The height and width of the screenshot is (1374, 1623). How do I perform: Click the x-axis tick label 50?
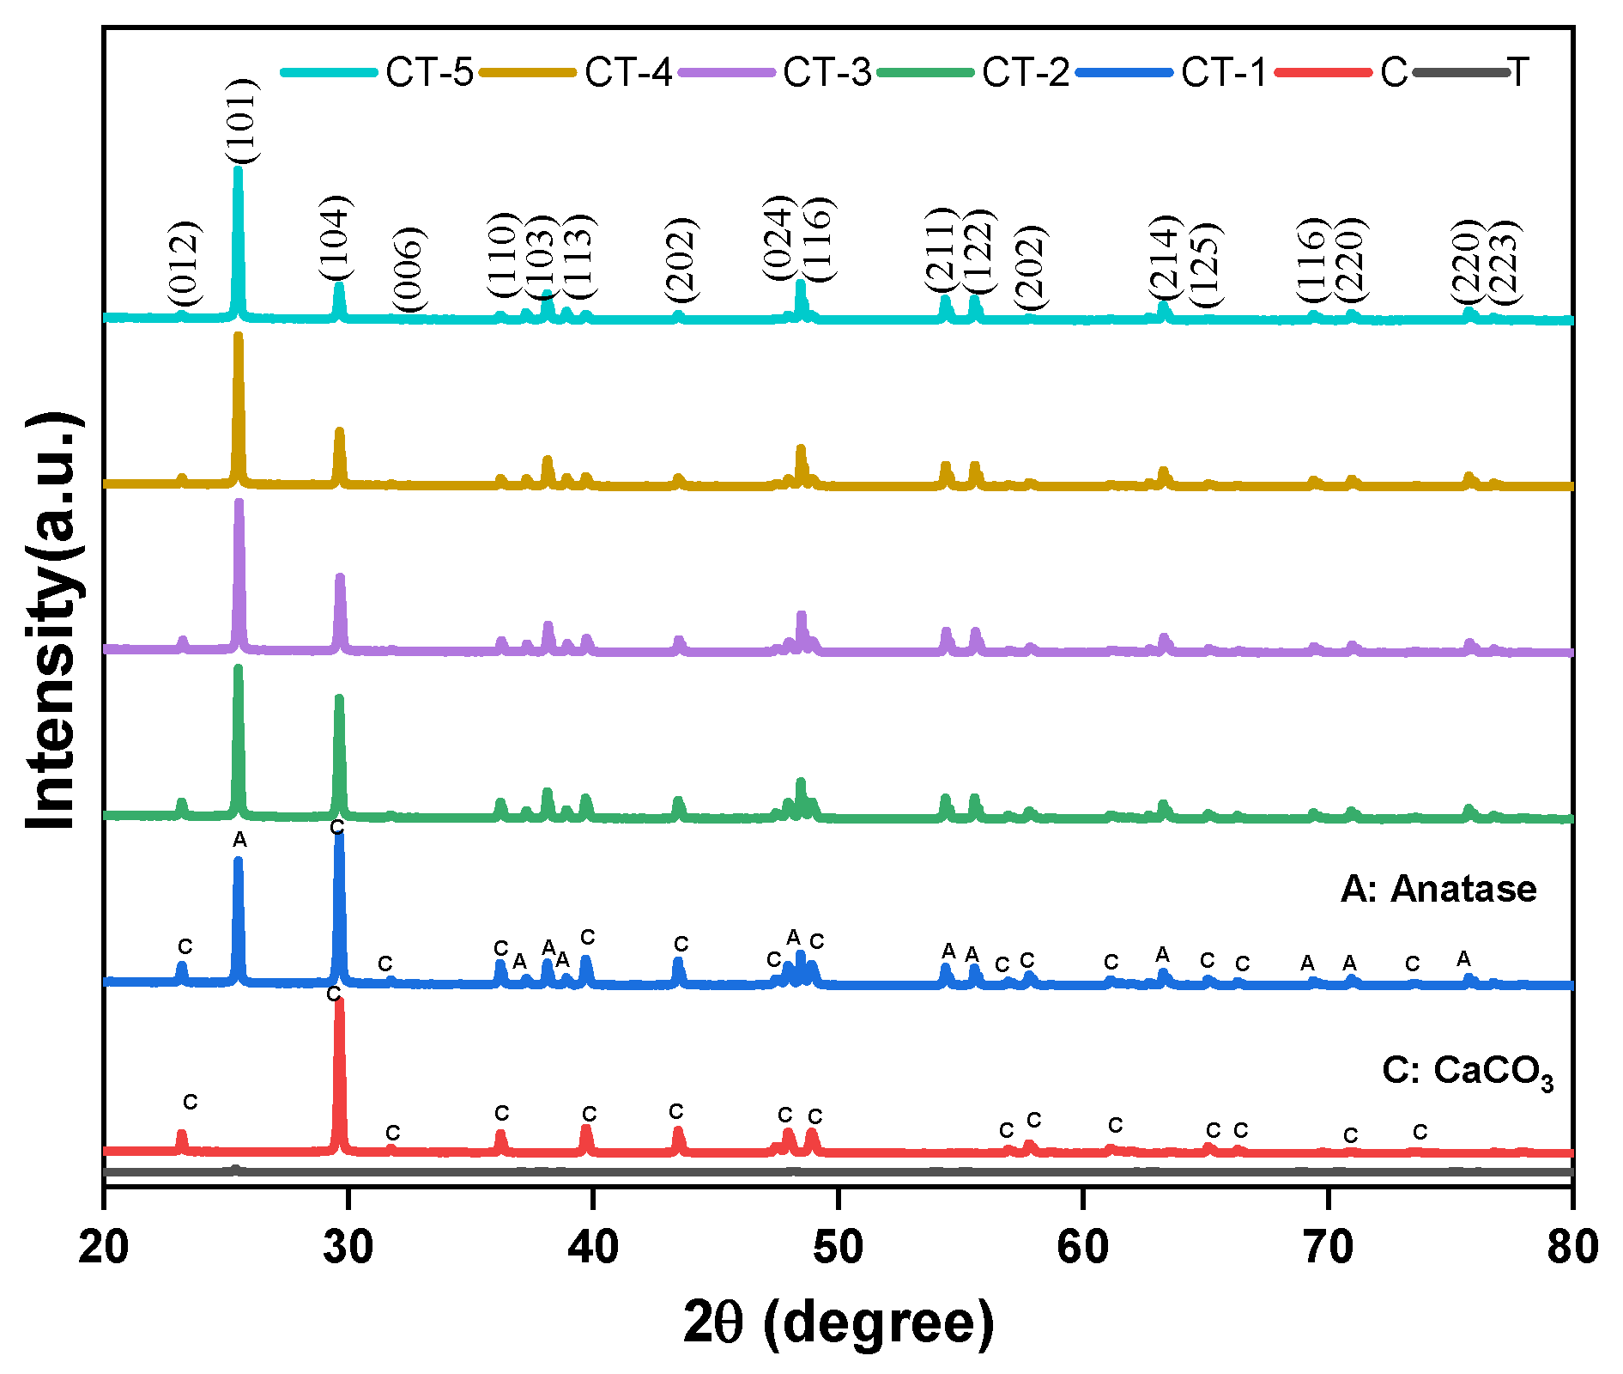click(x=838, y=1246)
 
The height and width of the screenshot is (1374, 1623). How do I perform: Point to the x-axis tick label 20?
click(x=104, y=1246)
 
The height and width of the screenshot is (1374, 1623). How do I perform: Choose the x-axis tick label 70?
click(x=1328, y=1246)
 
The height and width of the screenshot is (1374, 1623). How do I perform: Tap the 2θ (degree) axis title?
click(x=838, y=1323)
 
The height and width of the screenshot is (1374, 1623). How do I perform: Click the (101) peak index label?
click(x=241, y=121)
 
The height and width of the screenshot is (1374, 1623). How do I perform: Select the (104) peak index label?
click(x=336, y=238)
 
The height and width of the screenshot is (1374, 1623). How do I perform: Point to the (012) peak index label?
click(x=184, y=264)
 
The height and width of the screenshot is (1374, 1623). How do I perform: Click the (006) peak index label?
click(x=409, y=269)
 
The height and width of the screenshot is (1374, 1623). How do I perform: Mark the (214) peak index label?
click(x=1165, y=255)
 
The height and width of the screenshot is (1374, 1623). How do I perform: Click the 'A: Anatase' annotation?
click(x=1438, y=889)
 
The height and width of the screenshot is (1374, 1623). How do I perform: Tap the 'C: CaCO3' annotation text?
click(x=1467, y=1072)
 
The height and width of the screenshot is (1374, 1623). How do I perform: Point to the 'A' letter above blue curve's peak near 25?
click(x=239, y=840)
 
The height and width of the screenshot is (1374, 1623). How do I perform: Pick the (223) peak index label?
click(x=1502, y=262)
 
